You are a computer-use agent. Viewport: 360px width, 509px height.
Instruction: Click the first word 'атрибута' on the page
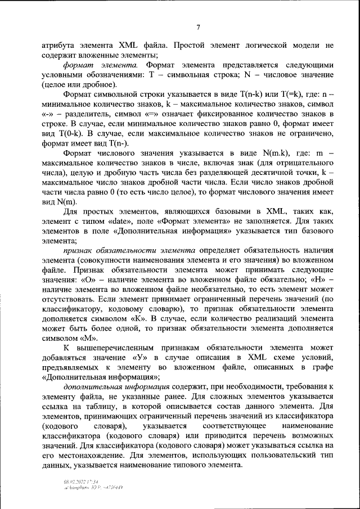pyautogui.click(x=59, y=44)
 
